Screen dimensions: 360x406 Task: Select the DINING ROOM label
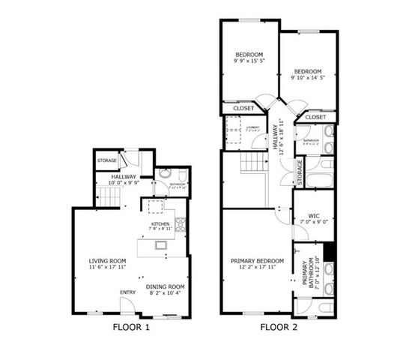(x=166, y=286)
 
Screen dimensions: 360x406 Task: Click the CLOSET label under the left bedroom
(x=243, y=108)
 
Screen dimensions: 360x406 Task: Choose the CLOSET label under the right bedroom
(x=315, y=118)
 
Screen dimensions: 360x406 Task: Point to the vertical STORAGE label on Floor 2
(x=300, y=172)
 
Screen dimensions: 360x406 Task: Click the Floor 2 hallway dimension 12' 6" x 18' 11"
(x=280, y=135)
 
